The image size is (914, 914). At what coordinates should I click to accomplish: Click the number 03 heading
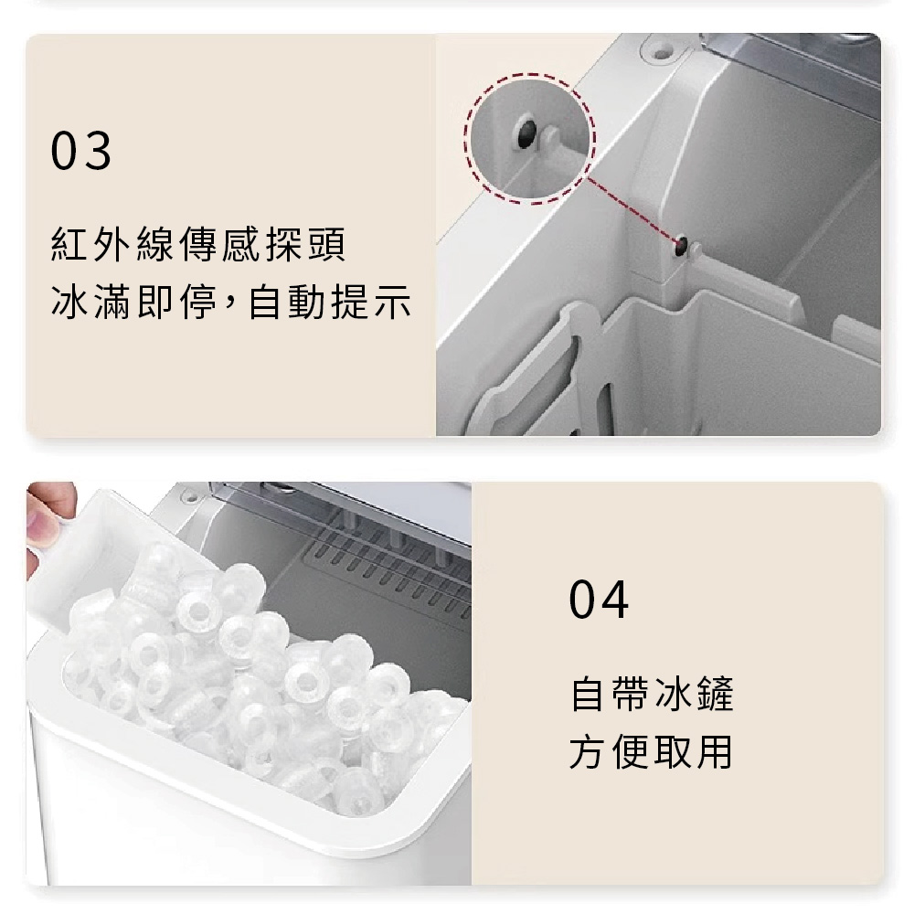(80, 151)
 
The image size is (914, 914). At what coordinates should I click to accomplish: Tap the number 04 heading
(599, 600)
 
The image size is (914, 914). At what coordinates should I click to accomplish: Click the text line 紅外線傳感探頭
(198, 244)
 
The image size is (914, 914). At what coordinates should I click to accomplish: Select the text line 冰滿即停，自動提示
(231, 302)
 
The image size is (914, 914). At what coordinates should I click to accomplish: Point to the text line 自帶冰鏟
(652, 694)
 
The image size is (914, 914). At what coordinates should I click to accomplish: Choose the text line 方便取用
(651, 751)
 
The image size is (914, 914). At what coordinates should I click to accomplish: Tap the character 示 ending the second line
(392, 302)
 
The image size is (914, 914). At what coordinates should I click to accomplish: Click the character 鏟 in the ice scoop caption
(716, 694)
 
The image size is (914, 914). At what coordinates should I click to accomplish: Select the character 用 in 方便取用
(715, 751)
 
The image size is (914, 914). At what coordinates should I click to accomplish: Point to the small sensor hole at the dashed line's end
(681, 246)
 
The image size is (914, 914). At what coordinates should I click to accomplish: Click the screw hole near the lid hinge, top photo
(661, 54)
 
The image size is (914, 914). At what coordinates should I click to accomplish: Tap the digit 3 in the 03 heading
(98, 151)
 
